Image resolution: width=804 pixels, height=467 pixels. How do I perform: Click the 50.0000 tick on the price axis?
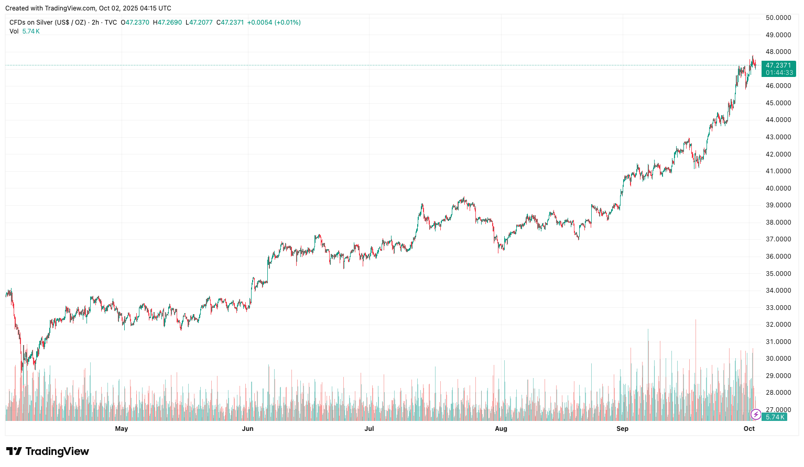click(778, 18)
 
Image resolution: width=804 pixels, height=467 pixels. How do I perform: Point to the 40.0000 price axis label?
click(778, 188)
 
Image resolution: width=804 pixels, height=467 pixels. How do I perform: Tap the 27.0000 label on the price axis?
click(778, 410)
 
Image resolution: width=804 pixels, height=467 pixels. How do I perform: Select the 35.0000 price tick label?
click(778, 274)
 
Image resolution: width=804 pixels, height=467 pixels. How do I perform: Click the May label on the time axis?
click(121, 429)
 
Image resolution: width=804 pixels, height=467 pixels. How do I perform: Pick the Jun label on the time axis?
click(247, 429)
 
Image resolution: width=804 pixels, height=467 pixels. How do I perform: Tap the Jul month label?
click(369, 429)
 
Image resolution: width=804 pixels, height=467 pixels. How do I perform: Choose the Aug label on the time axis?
click(501, 429)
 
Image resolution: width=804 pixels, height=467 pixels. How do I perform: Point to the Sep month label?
click(622, 429)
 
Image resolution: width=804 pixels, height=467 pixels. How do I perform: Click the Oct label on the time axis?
click(749, 429)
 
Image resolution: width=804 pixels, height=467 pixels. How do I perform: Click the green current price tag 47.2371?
click(778, 65)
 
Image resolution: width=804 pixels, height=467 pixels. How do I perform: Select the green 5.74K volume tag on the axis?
click(775, 417)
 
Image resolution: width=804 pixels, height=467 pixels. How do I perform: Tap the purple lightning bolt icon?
click(755, 415)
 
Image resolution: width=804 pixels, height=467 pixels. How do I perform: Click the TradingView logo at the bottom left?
click(48, 451)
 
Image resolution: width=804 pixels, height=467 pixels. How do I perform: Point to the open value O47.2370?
click(135, 23)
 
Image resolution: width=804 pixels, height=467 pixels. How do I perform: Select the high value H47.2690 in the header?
click(167, 23)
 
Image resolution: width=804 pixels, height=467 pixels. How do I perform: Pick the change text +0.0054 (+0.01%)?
click(274, 23)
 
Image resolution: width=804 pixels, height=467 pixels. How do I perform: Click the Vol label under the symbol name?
click(14, 31)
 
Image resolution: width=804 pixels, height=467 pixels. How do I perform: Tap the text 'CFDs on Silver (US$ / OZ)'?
click(48, 23)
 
